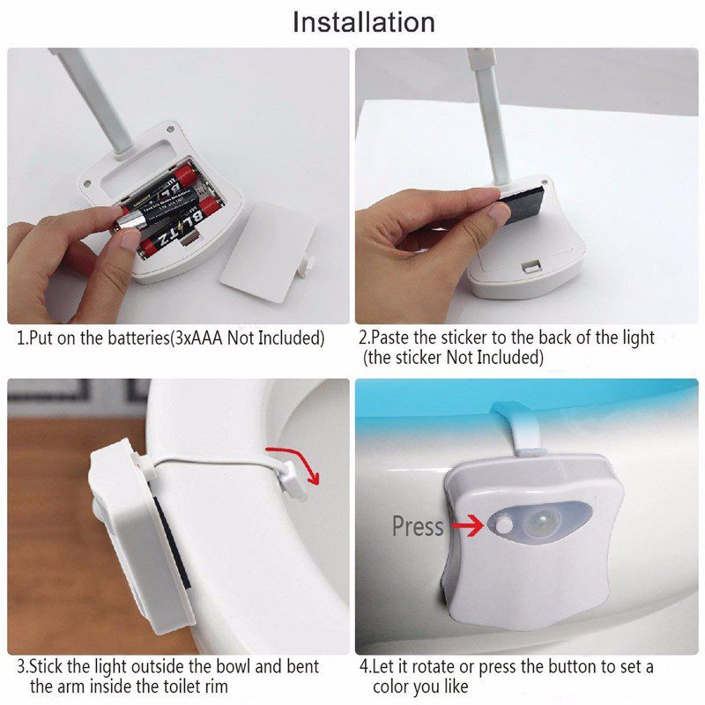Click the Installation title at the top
click(x=363, y=22)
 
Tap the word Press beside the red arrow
click(x=418, y=527)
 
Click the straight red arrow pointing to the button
click(x=465, y=527)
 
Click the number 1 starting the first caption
click(x=22, y=338)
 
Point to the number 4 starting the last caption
click(x=363, y=667)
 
